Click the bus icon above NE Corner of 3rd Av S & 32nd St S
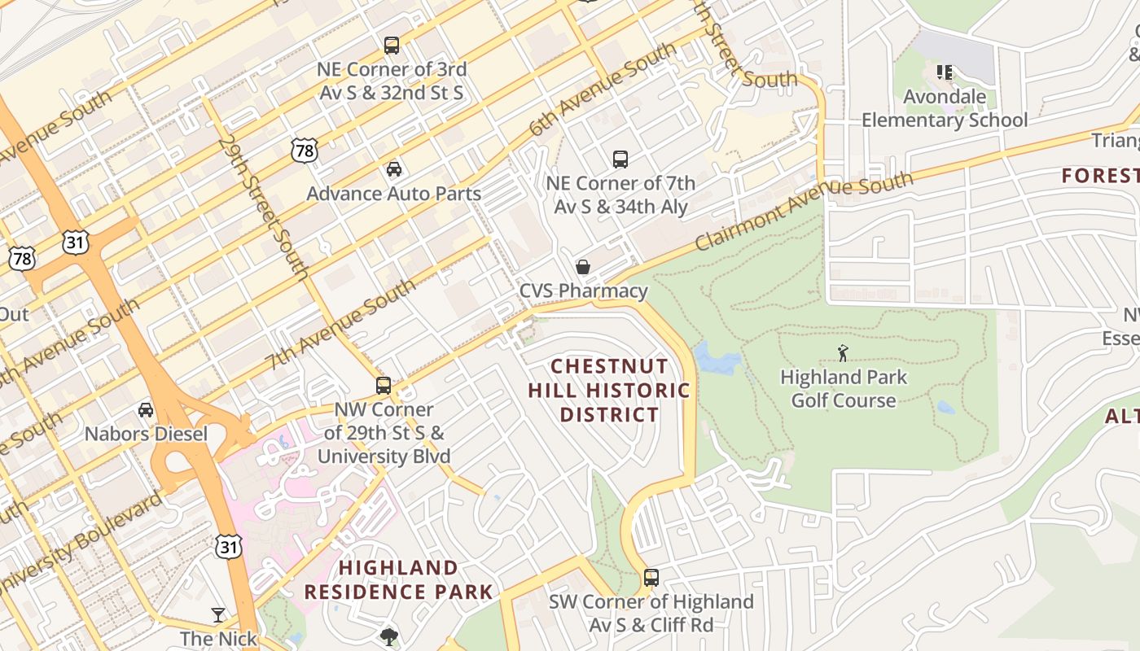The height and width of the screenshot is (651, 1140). click(x=392, y=46)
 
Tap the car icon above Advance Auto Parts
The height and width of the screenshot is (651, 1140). click(x=394, y=169)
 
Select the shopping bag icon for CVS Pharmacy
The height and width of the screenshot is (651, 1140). click(x=583, y=267)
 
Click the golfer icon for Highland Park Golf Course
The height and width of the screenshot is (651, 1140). click(x=843, y=353)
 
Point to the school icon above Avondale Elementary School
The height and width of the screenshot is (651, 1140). click(x=945, y=72)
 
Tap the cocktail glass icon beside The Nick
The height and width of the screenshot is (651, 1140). click(x=218, y=615)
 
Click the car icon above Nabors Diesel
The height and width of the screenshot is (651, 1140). click(x=146, y=410)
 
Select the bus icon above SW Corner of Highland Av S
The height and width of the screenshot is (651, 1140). click(x=651, y=578)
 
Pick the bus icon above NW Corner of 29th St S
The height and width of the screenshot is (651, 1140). click(x=384, y=386)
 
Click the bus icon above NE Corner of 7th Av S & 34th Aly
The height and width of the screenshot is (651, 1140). click(x=620, y=159)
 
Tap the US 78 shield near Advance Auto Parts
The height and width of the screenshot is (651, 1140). click(x=303, y=149)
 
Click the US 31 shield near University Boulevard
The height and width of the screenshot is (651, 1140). click(x=229, y=546)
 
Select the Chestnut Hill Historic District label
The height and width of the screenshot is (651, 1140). click(x=609, y=391)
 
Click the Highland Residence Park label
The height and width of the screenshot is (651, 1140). click(x=399, y=579)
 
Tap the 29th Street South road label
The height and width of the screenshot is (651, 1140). click(x=262, y=208)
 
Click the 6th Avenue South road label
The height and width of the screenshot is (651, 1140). click(x=602, y=90)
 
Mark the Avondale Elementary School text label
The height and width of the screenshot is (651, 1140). click(x=945, y=109)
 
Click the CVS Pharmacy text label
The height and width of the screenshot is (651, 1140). click(x=584, y=291)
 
